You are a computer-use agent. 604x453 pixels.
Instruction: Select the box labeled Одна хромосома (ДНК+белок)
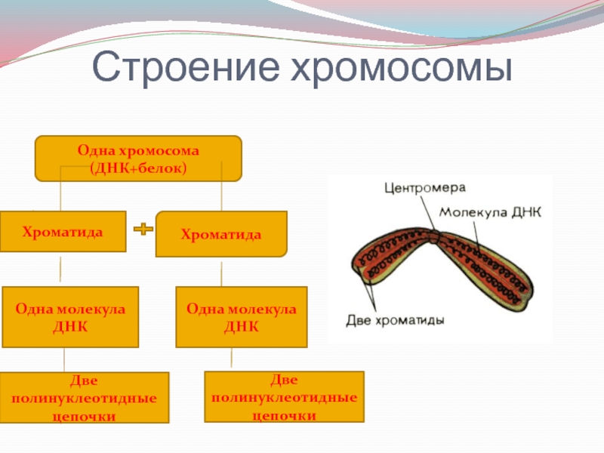[x=138, y=159]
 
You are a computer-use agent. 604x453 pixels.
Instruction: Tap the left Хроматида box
[x=63, y=233]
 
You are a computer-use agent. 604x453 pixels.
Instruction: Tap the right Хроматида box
[x=221, y=235]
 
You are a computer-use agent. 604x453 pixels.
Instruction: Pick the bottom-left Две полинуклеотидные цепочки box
[x=85, y=398]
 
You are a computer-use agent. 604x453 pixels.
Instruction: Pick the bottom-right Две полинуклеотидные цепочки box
[x=285, y=396]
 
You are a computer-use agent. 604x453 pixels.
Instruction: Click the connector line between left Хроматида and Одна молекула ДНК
[x=60, y=269]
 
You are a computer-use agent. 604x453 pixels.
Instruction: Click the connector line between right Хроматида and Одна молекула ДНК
[x=222, y=273]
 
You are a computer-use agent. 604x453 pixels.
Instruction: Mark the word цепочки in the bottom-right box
[x=285, y=414]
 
